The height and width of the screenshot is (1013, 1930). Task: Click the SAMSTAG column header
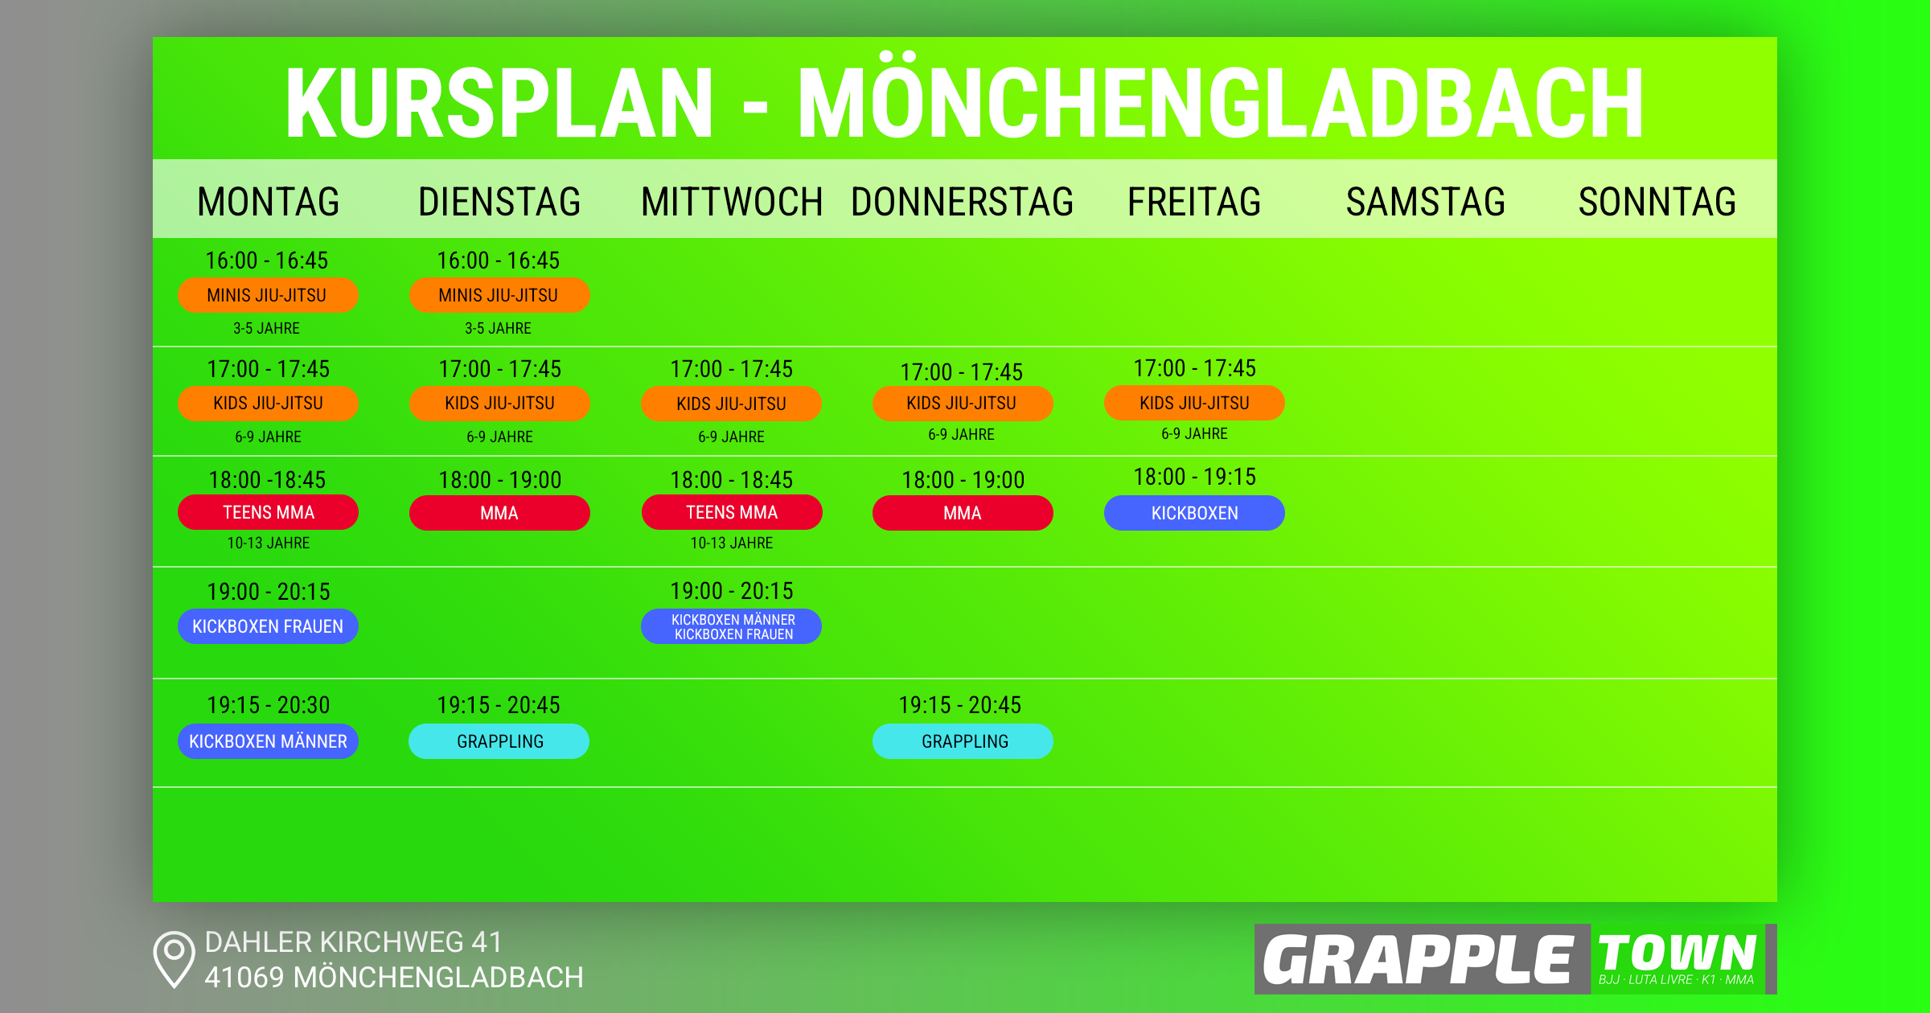point(1425,201)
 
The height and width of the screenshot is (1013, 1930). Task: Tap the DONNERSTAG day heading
point(962,201)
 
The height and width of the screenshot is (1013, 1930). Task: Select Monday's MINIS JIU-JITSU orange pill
point(268,295)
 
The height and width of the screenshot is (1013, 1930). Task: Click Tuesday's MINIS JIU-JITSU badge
point(499,295)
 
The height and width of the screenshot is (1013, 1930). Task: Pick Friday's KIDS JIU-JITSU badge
point(1194,403)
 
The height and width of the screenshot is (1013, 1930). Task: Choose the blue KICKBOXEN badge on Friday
point(1194,513)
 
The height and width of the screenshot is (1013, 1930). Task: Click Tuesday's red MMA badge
point(499,513)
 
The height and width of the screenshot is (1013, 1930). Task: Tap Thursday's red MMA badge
point(962,513)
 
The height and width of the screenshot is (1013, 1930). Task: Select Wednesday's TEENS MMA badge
point(731,512)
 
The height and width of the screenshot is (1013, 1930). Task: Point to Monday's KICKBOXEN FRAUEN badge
point(268,626)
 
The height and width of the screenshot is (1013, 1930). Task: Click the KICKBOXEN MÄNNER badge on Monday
point(268,741)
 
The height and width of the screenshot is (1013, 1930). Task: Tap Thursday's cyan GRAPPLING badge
point(963,741)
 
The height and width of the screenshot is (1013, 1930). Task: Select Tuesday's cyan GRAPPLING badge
point(499,741)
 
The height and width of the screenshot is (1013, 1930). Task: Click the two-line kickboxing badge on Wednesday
point(731,626)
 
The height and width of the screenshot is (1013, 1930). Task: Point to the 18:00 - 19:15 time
point(1194,477)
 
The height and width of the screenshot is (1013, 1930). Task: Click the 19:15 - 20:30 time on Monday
point(268,705)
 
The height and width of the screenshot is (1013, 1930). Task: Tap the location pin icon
point(174,958)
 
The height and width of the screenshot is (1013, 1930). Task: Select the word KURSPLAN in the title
point(499,103)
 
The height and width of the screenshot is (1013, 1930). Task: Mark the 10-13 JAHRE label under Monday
point(268,543)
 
